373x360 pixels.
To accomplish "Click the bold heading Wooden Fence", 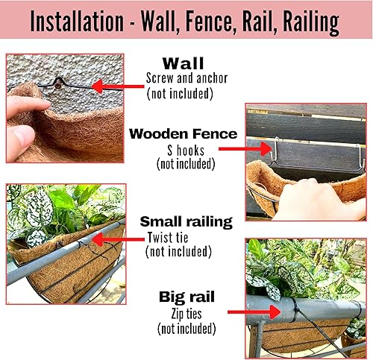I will click(183, 134).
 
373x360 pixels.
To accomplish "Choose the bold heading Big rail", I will click(186, 296).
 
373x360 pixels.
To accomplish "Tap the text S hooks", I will click(184, 149).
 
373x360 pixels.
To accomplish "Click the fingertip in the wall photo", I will click(18, 138).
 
